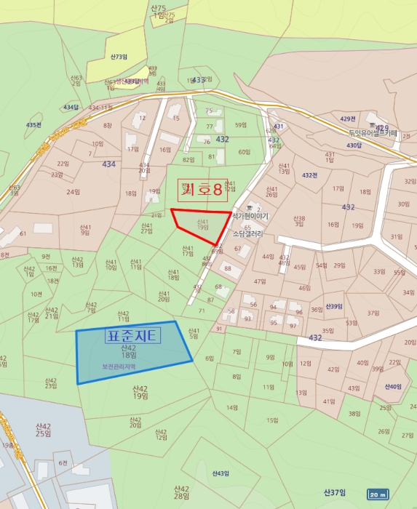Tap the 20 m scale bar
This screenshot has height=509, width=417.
(x=378, y=494)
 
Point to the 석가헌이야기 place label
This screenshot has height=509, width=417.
(x=250, y=217)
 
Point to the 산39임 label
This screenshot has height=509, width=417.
(x=334, y=306)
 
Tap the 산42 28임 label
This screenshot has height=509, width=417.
(x=181, y=492)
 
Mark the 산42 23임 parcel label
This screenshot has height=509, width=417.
(x=50, y=382)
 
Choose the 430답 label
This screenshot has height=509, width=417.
(x=354, y=145)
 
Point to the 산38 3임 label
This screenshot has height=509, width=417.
(x=299, y=220)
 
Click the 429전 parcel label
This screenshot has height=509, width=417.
(x=348, y=119)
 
